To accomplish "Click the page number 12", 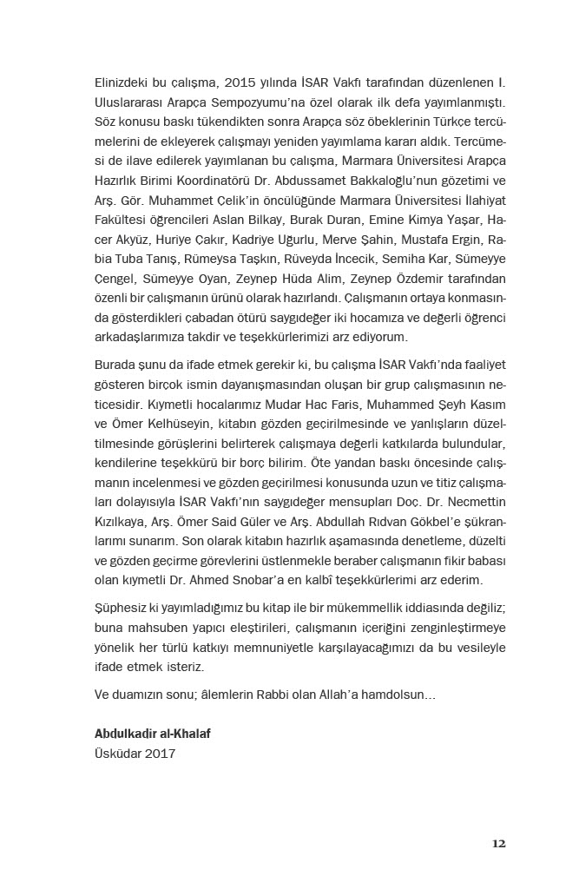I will coord(498,843).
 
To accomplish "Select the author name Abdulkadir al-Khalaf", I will coord(152,734).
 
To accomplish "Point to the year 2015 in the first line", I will coord(241,84).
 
